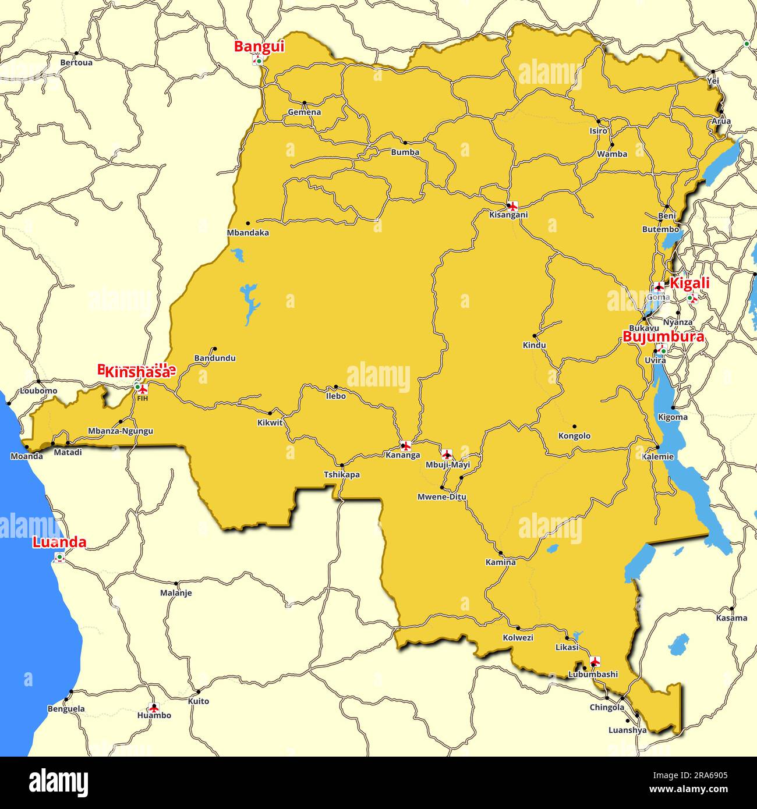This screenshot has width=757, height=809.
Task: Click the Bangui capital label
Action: click(x=259, y=47)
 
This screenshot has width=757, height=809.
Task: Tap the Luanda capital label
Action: click(x=59, y=542)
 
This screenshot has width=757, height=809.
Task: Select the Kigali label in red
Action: click(x=689, y=283)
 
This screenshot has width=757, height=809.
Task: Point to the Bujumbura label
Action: click(x=663, y=337)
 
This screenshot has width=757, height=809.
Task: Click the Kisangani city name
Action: click(x=508, y=215)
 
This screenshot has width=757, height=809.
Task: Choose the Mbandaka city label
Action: click(x=247, y=233)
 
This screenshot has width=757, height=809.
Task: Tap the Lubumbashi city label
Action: click(x=593, y=675)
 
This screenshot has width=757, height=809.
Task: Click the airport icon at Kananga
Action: click(x=406, y=446)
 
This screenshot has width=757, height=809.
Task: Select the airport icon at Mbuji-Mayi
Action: click(x=447, y=455)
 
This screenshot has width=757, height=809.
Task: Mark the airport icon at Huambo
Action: click(x=154, y=708)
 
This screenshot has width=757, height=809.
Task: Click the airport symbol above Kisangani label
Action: click(x=512, y=205)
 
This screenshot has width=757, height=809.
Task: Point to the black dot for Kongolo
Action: click(x=574, y=427)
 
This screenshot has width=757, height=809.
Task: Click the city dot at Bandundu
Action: click(x=214, y=349)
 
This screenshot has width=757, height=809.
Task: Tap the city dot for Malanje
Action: click(x=176, y=583)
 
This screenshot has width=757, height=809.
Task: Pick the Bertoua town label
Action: click(x=76, y=62)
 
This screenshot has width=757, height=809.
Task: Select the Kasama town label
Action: click(x=731, y=618)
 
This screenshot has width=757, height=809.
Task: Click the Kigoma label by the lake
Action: click(x=673, y=417)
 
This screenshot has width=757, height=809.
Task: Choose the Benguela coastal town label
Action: click(x=66, y=709)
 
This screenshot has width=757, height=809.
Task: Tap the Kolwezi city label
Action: click(x=518, y=638)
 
